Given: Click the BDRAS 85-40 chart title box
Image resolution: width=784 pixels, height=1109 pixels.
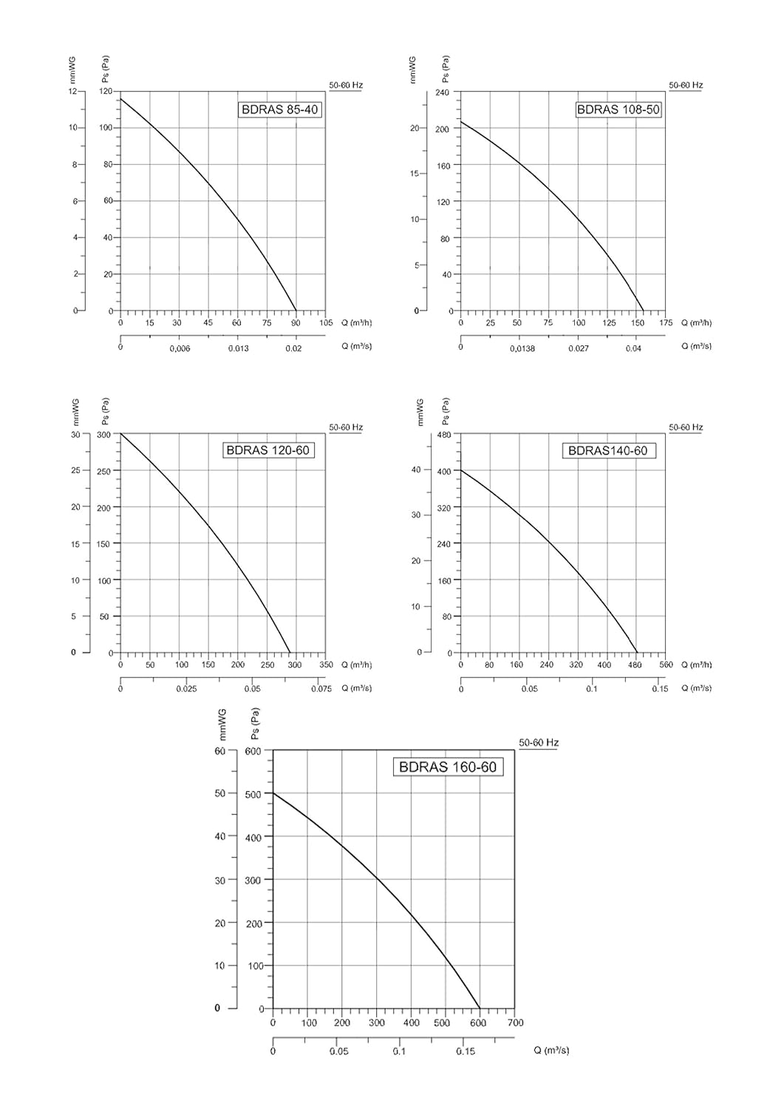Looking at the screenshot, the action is coord(279,109).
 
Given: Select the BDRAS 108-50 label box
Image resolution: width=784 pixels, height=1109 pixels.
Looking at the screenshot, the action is coord(618,109).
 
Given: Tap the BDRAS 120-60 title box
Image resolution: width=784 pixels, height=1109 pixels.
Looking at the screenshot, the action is coord(268,450).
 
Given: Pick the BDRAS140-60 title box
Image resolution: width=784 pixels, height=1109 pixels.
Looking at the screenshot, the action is coord(608,450).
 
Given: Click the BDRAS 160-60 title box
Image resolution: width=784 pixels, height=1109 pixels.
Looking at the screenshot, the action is coord(448,767).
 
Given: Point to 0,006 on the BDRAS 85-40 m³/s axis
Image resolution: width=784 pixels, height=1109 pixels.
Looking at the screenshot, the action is coord(180,348).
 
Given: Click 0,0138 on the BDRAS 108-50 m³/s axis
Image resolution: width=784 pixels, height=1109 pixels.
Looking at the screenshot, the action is coord(522,348).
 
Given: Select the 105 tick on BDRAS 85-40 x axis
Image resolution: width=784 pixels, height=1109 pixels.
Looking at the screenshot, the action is coord(326,323).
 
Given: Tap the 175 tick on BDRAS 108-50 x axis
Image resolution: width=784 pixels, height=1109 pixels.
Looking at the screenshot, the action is coord(667,323).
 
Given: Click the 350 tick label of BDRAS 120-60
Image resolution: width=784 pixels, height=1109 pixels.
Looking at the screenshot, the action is coord(326,665).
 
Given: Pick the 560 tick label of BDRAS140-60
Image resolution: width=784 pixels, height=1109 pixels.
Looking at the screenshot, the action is coord(667,665).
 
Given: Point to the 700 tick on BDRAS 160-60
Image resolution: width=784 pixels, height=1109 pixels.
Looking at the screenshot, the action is coord(515,1022).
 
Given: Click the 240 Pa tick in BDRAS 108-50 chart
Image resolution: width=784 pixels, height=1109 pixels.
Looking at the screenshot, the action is coord(442,92).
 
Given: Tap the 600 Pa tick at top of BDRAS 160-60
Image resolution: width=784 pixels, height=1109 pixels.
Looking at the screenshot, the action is coord(253,751).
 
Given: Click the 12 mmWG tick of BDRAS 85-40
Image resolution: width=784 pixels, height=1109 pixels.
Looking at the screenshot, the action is coord(72,91).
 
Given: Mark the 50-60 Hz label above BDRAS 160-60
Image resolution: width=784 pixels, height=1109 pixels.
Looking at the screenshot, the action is coord(539,742).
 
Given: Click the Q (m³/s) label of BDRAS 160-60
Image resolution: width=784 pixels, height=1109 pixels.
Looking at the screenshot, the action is coord(551,1051).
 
